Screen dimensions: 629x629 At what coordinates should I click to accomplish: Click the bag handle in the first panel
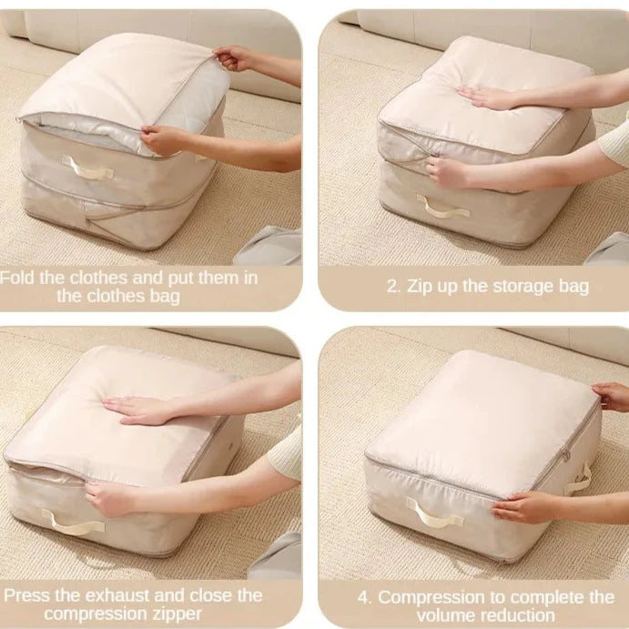(x=87, y=168)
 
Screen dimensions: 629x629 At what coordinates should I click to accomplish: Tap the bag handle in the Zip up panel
(x=442, y=208)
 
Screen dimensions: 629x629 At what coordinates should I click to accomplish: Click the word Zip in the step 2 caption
(x=420, y=287)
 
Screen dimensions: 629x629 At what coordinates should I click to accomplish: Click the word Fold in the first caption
(x=17, y=278)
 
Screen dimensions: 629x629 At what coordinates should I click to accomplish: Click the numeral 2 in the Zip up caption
(x=391, y=287)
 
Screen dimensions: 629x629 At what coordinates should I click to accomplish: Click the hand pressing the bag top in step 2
(x=483, y=97)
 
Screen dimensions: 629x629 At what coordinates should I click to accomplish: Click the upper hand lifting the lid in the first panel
(x=234, y=58)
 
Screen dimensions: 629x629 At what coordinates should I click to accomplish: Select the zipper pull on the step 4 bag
(x=566, y=455)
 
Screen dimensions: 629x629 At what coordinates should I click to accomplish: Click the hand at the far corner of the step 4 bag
(x=612, y=397)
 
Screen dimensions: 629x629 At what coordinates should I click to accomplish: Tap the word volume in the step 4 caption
(x=447, y=615)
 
